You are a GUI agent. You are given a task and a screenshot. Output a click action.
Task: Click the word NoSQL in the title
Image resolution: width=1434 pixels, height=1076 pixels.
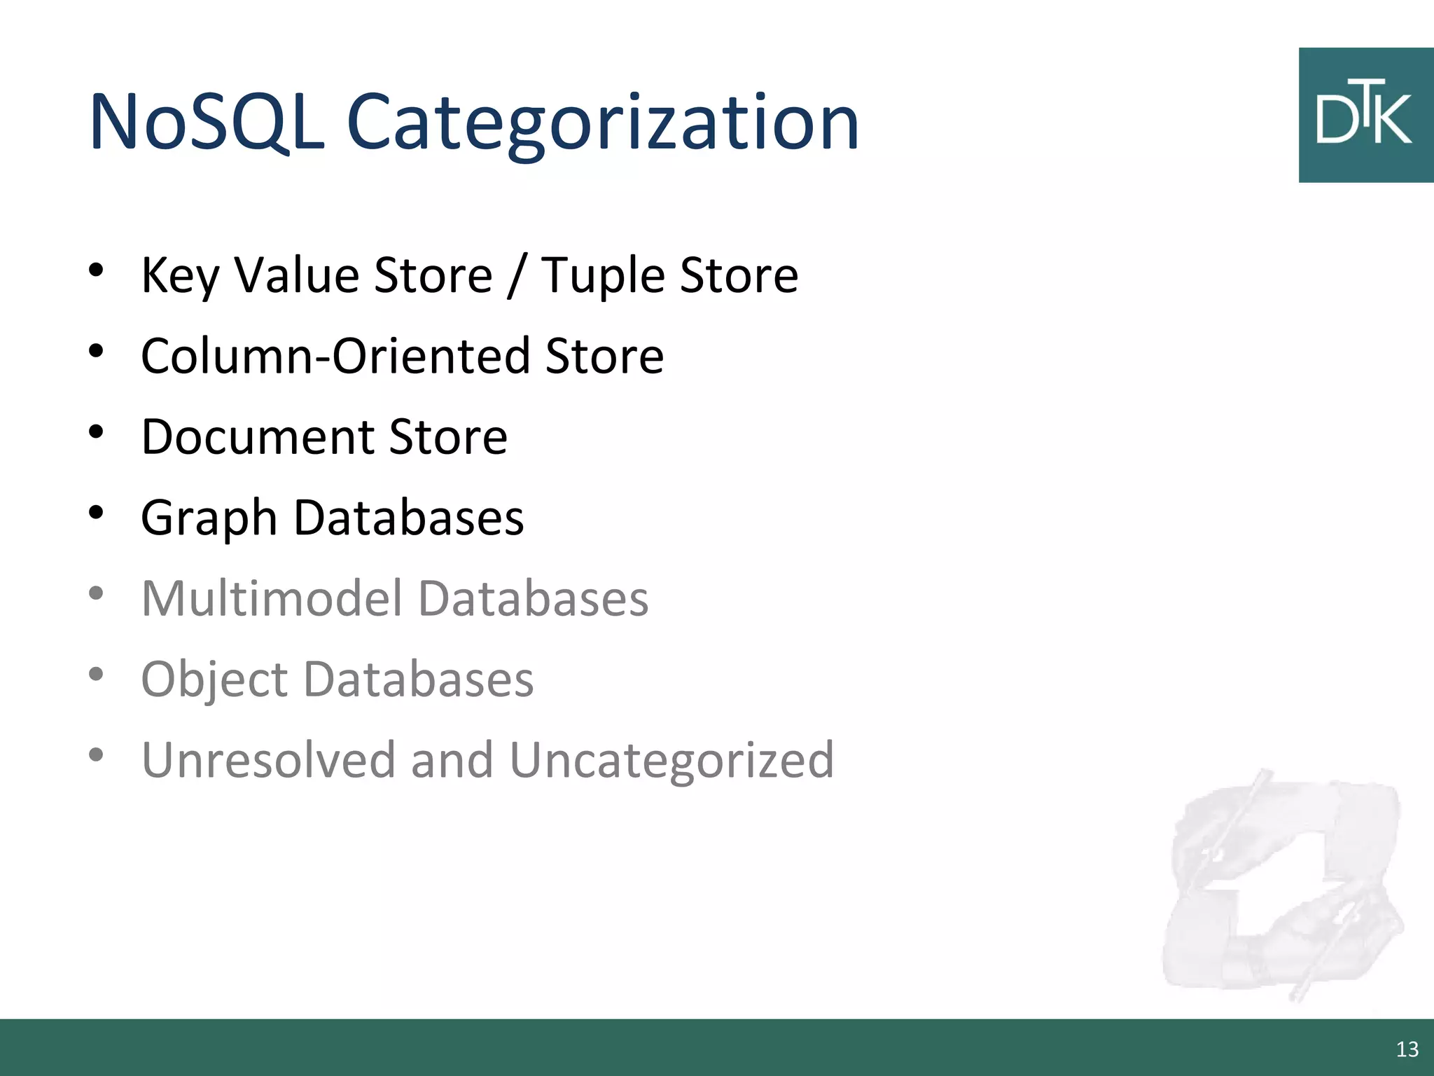[207, 123]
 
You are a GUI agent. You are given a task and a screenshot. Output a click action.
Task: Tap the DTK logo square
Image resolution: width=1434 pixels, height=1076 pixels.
[1365, 116]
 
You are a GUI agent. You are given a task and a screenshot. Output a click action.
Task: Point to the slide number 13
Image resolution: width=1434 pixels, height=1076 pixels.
[1407, 1049]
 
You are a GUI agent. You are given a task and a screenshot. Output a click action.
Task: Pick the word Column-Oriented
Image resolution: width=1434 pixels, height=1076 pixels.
[336, 356]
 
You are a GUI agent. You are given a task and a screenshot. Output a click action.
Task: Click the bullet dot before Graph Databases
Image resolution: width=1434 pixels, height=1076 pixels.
[97, 513]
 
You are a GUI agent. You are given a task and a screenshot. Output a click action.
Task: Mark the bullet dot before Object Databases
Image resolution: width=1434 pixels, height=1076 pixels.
[97, 674]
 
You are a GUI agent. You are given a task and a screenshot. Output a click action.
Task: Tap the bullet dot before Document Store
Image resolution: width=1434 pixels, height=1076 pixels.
[97, 432]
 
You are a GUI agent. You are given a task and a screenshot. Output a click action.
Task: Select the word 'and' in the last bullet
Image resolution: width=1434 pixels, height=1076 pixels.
[452, 760]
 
